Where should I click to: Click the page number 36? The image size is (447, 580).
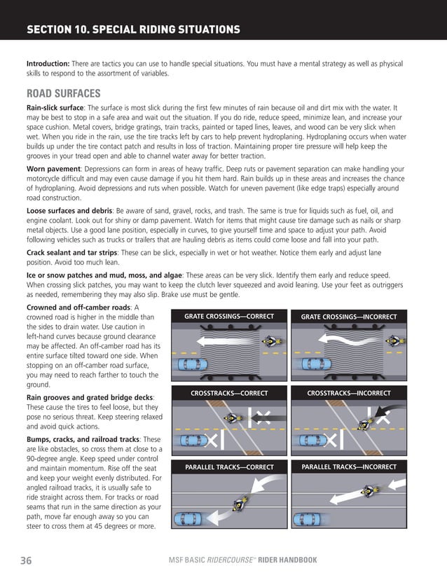(x=25, y=560)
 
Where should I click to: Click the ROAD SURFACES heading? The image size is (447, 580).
(x=63, y=93)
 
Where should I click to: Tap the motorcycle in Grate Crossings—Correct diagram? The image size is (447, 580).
(x=269, y=342)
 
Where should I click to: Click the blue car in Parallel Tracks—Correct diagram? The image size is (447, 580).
(x=192, y=519)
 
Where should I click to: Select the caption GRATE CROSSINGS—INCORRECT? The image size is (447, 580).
(x=348, y=317)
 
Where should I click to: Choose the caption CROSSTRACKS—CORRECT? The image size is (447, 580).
(x=229, y=393)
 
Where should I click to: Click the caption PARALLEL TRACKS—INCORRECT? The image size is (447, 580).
(x=348, y=467)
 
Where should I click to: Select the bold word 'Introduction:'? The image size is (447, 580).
(x=48, y=63)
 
